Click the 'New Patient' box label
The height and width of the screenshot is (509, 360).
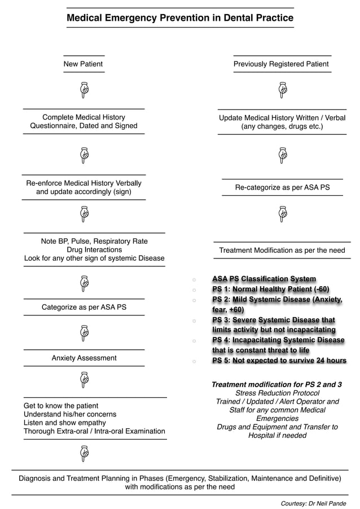point(83,64)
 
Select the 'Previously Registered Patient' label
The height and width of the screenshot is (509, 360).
point(281,64)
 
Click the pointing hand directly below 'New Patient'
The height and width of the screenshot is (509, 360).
point(84,89)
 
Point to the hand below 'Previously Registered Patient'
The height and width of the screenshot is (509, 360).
point(283,89)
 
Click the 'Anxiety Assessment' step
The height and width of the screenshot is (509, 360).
point(84,358)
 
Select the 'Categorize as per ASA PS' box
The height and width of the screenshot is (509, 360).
point(84,308)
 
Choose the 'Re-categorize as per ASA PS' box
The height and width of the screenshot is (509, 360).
point(282,187)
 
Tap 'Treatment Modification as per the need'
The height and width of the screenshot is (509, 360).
point(282,250)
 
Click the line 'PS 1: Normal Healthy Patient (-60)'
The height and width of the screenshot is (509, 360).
point(270,289)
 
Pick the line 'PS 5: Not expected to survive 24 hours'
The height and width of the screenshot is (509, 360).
point(279,361)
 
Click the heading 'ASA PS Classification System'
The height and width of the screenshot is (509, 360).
point(264,279)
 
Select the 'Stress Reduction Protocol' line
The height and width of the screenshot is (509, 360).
point(277,393)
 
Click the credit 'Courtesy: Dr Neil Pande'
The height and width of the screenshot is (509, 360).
point(313,503)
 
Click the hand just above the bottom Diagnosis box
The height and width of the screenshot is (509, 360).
point(84,452)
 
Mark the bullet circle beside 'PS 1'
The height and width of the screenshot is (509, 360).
point(194,289)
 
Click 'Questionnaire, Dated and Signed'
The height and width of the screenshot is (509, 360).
point(84,126)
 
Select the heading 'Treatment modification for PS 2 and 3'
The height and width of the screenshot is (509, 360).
point(276,384)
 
